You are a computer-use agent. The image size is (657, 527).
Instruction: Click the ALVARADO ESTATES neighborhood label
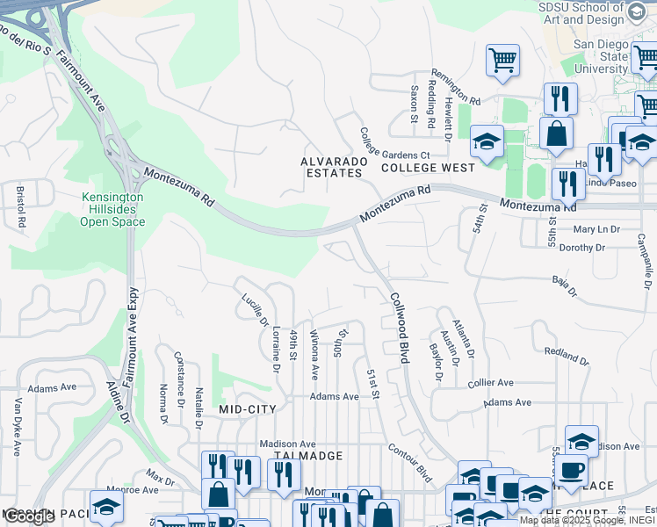331,167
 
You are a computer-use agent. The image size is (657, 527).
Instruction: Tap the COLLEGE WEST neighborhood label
428,167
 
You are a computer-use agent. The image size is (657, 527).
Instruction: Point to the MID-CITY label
248,409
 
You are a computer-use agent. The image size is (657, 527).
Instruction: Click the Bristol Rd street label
21,206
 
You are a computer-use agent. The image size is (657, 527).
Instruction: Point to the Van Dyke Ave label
17,427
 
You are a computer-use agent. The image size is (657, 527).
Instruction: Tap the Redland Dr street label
566,355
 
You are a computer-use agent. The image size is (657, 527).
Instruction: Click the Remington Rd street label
456,89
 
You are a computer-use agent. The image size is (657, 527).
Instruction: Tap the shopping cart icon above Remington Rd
502,61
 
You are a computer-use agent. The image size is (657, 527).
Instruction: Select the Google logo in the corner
29,517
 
